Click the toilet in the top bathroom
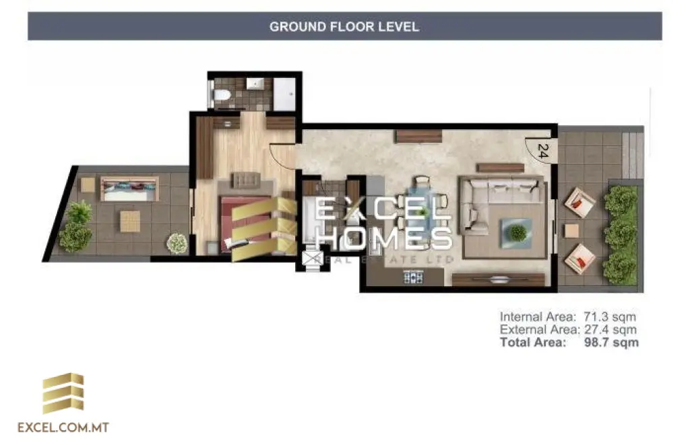220,96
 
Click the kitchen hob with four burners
413,276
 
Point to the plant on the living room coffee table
517,232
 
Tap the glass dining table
422,210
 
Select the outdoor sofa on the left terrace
129,189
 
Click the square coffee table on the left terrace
130,221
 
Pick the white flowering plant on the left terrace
177,243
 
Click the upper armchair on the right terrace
579,201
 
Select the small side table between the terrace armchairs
571,231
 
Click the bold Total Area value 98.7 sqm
611,343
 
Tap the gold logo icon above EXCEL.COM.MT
63,393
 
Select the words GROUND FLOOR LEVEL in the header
344,27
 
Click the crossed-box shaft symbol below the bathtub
311,260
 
